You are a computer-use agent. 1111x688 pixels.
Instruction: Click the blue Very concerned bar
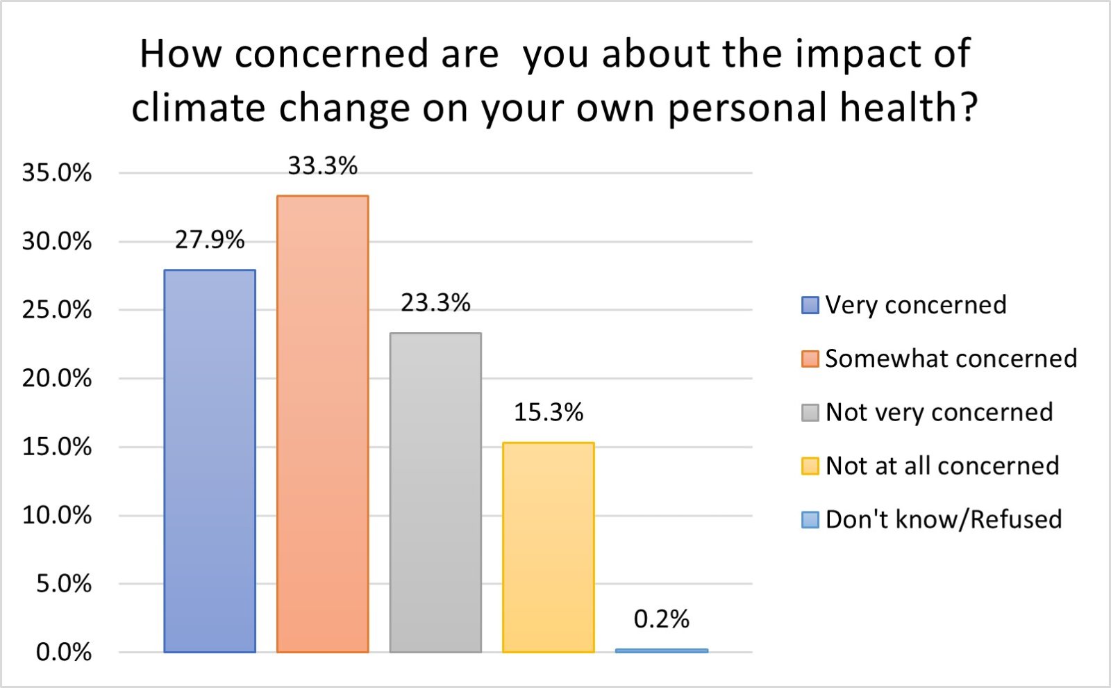point(210,461)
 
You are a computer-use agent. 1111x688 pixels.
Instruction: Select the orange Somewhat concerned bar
point(322,424)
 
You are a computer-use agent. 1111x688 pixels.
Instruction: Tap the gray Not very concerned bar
point(435,492)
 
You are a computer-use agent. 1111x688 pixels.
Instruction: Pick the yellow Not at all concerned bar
point(548,547)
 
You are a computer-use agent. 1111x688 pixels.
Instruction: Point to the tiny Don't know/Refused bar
point(661,650)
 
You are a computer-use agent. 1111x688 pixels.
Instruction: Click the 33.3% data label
point(322,166)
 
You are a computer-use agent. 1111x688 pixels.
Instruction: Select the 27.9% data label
point(210,240)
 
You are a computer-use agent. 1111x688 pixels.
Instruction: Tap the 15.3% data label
point(548,413)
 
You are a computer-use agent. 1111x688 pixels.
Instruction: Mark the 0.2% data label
point(661,619)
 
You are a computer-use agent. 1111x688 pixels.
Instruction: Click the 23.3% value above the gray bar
point(435,303)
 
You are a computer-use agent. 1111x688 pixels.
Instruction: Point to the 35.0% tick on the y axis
point(57,173)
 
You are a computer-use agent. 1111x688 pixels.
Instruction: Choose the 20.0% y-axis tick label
point(57,379)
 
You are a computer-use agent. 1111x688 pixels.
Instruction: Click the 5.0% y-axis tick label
point(64,584)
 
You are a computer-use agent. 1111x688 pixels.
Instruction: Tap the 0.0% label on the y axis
point(64,653)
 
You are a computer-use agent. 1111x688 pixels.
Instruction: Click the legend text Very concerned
point(915,305)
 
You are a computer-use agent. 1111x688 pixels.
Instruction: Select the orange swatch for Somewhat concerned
point(810,359)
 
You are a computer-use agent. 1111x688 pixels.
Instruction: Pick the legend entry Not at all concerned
point(942,466)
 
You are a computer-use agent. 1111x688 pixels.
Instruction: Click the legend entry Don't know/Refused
point(943,520)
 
